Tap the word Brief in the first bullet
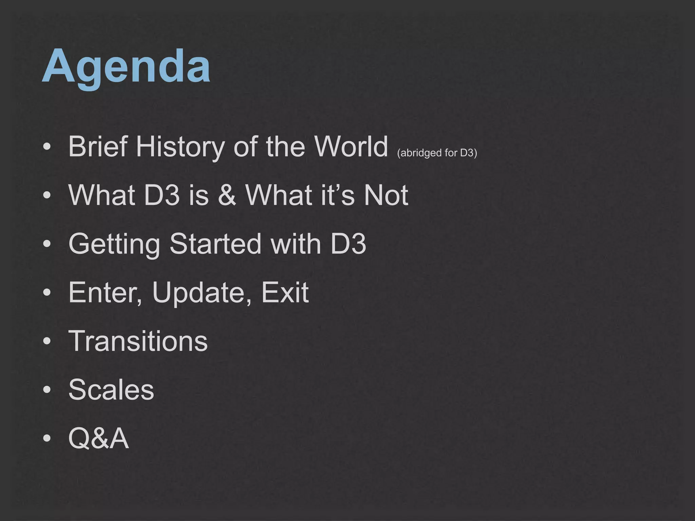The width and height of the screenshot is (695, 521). point(98,147)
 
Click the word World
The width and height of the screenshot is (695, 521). point(351,147)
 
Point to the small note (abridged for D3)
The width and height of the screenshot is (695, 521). point(437,153)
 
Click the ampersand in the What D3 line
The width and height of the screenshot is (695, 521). point(227,195)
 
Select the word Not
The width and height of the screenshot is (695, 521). point(386,195)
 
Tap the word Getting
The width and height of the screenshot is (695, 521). point(114,244)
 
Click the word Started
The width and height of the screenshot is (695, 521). point(215,244)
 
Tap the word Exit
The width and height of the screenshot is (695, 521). point(285,292)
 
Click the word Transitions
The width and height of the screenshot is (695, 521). point(138,341)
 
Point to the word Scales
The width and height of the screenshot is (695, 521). point(111,389)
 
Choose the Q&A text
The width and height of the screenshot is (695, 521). point(99,438)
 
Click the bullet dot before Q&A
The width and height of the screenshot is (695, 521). point(47,438)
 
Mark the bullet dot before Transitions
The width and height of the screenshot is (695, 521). point(47,341)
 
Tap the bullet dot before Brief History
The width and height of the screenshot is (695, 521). point(47,147)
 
